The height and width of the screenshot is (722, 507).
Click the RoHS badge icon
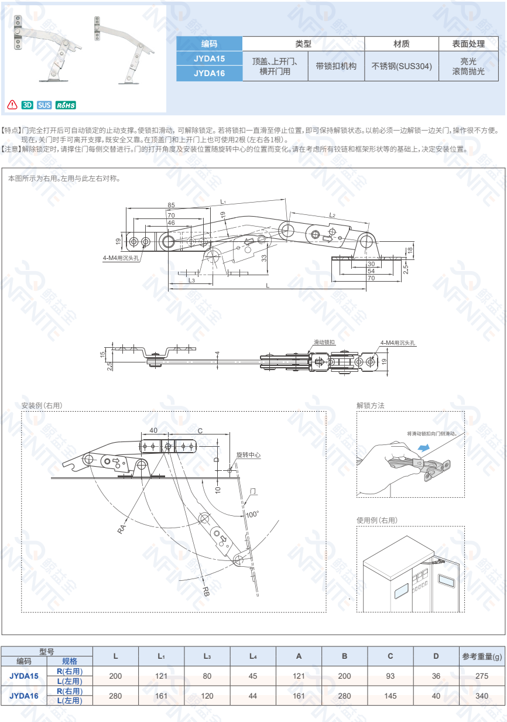[66, 105]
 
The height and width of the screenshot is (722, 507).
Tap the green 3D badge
[27, 105]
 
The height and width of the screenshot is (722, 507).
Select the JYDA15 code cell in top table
[209, 59]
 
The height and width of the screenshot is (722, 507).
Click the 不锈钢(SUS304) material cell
[402, 66]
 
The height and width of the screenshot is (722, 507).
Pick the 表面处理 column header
[468, 44]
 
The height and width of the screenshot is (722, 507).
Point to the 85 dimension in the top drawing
[171, 206]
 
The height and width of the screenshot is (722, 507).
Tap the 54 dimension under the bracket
[371, 271]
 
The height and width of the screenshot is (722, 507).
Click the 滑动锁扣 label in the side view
[324, 341]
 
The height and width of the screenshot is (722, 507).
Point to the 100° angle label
[252, 514]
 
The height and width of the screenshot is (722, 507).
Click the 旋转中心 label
[248, 455]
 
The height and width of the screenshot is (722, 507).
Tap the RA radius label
[122, 529]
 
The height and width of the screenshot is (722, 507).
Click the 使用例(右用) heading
[376, 520]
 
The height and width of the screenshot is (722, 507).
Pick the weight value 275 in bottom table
[481, 676]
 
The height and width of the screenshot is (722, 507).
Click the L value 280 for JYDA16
[116, 696]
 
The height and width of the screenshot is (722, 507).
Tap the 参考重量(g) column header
[482, 656]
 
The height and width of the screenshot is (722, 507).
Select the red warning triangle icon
[12, 105]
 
